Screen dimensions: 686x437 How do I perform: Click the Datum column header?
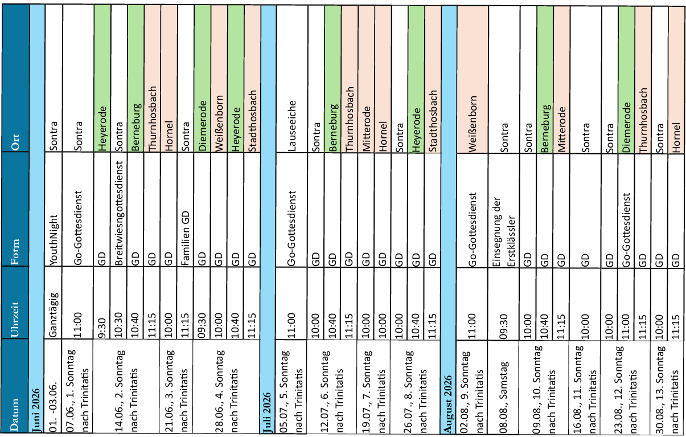click(x=14, y=415)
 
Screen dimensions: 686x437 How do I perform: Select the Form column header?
click(x=14, y=252)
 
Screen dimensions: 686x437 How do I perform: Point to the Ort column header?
click(x=15, y=142)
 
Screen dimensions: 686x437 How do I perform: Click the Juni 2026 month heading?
click(x=36, y=411)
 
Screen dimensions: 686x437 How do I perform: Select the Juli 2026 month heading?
click(x=267, y=413)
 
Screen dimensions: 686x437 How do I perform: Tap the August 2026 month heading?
click(x=447, y=404)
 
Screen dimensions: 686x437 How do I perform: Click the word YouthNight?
click(x=54, y=240)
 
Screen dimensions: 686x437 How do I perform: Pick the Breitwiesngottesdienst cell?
click(x=119, y=213)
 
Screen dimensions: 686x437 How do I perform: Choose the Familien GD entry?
click(x=185, y=238)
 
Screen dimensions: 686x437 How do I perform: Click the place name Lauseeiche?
click(x=291, y=126)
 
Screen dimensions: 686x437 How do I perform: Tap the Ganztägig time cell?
click(x=54, y=315)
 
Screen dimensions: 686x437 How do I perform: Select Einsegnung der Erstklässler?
click(x=504, y=232)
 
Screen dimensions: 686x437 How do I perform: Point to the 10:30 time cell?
click(x=119, y=325)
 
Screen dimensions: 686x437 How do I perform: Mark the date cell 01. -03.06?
click(x=54, y=407)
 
